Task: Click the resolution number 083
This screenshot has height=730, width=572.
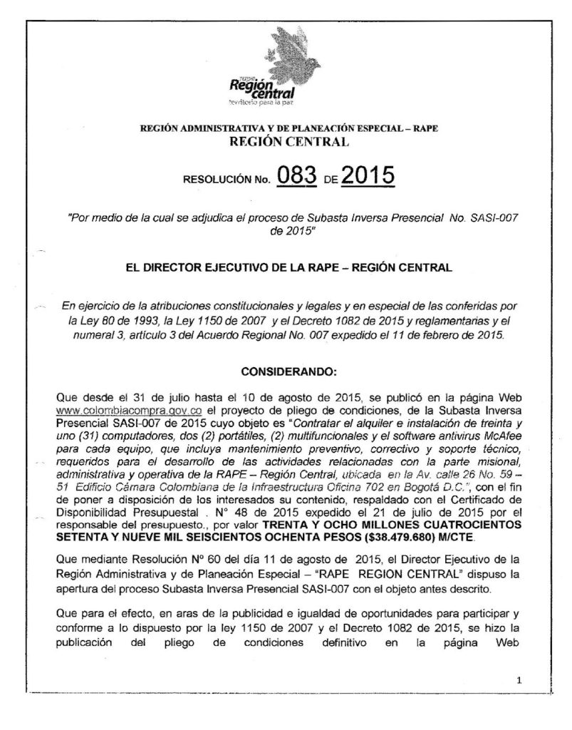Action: coord(298,177)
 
